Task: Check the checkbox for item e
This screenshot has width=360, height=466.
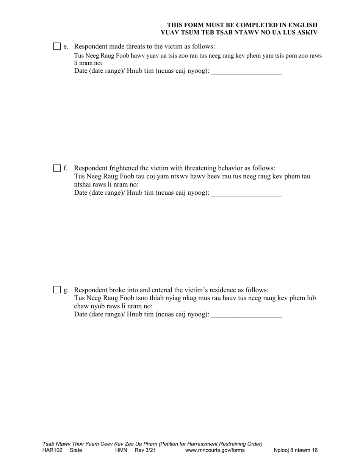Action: coord(57,47)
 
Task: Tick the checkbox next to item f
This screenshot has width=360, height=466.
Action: coord(57,168)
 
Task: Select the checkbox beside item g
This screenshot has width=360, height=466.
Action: coord(57,290)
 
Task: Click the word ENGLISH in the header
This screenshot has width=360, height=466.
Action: coord(302,25)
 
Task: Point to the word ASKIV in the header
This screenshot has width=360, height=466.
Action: coord(306,32)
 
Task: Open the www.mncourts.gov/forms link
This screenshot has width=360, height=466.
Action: coord(214,450)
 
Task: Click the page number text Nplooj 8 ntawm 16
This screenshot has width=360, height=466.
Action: coord(296,450)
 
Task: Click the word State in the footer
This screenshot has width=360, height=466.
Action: coord(76,450)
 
